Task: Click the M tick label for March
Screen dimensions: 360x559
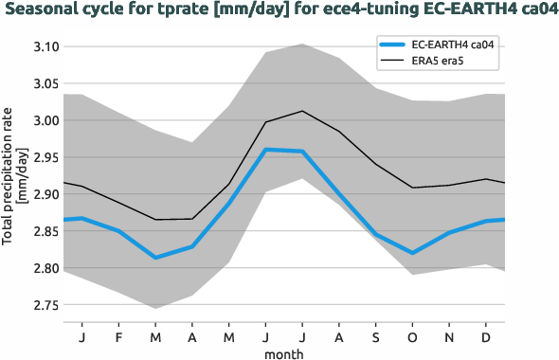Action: coord(155,337)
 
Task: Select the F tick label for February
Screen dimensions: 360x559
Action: coord(118,337)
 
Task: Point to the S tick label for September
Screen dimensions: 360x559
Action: coord(376,337)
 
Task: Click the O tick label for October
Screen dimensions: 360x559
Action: coord(413,337)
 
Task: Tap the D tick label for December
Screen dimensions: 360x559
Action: coord(486,337)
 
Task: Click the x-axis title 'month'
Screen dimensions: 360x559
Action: coord(283,352)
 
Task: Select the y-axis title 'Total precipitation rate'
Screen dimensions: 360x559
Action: coord(9,175)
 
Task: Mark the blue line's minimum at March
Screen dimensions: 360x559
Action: coord(155,258)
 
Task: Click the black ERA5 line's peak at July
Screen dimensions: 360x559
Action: coord(302,111)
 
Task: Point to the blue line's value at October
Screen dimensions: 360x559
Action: coord(413,253)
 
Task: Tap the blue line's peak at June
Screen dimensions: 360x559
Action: coord(266,149)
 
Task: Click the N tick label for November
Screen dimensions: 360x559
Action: coord(450,337)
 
